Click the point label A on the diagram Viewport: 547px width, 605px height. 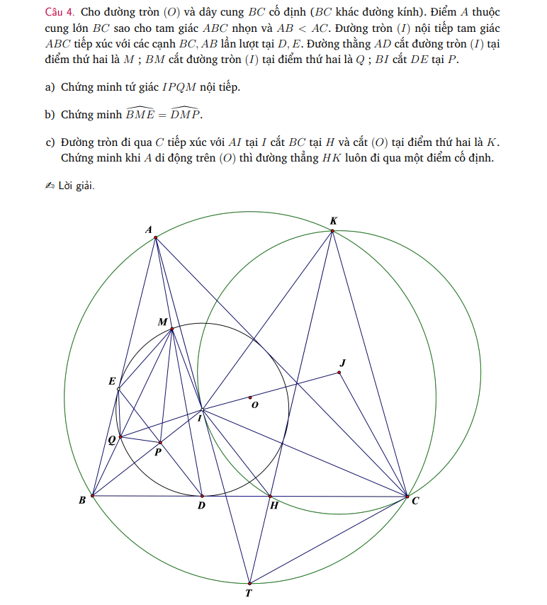click(x=149, y=229)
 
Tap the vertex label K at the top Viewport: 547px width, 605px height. click(x=334, y=221)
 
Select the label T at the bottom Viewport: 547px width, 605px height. click(x=249, y=594)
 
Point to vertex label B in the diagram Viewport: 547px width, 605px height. click(x=82, y=501)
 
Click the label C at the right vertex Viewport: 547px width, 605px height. click(x=415, y=501)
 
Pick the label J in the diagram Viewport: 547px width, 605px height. click(x=343, y=363)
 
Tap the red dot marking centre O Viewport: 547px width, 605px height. click(x=249, y=397)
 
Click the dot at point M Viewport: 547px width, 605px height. click(x=172, y=329)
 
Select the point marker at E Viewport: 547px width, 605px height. click(x=118, y=389)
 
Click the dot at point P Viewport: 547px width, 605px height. click(x=160, y=443)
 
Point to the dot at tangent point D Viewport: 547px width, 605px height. click(x=202, y=496)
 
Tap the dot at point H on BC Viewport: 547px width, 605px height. click(x=270, y=496)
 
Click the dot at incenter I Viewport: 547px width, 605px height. click(x=202, y=409)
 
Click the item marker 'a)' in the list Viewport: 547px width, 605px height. click(x=50, y=88)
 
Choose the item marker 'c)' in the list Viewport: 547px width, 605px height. click(x=50, y=142)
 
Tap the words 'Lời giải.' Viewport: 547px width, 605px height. click(x=77, y=186)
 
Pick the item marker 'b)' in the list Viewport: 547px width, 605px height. click(x=50, y=115)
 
